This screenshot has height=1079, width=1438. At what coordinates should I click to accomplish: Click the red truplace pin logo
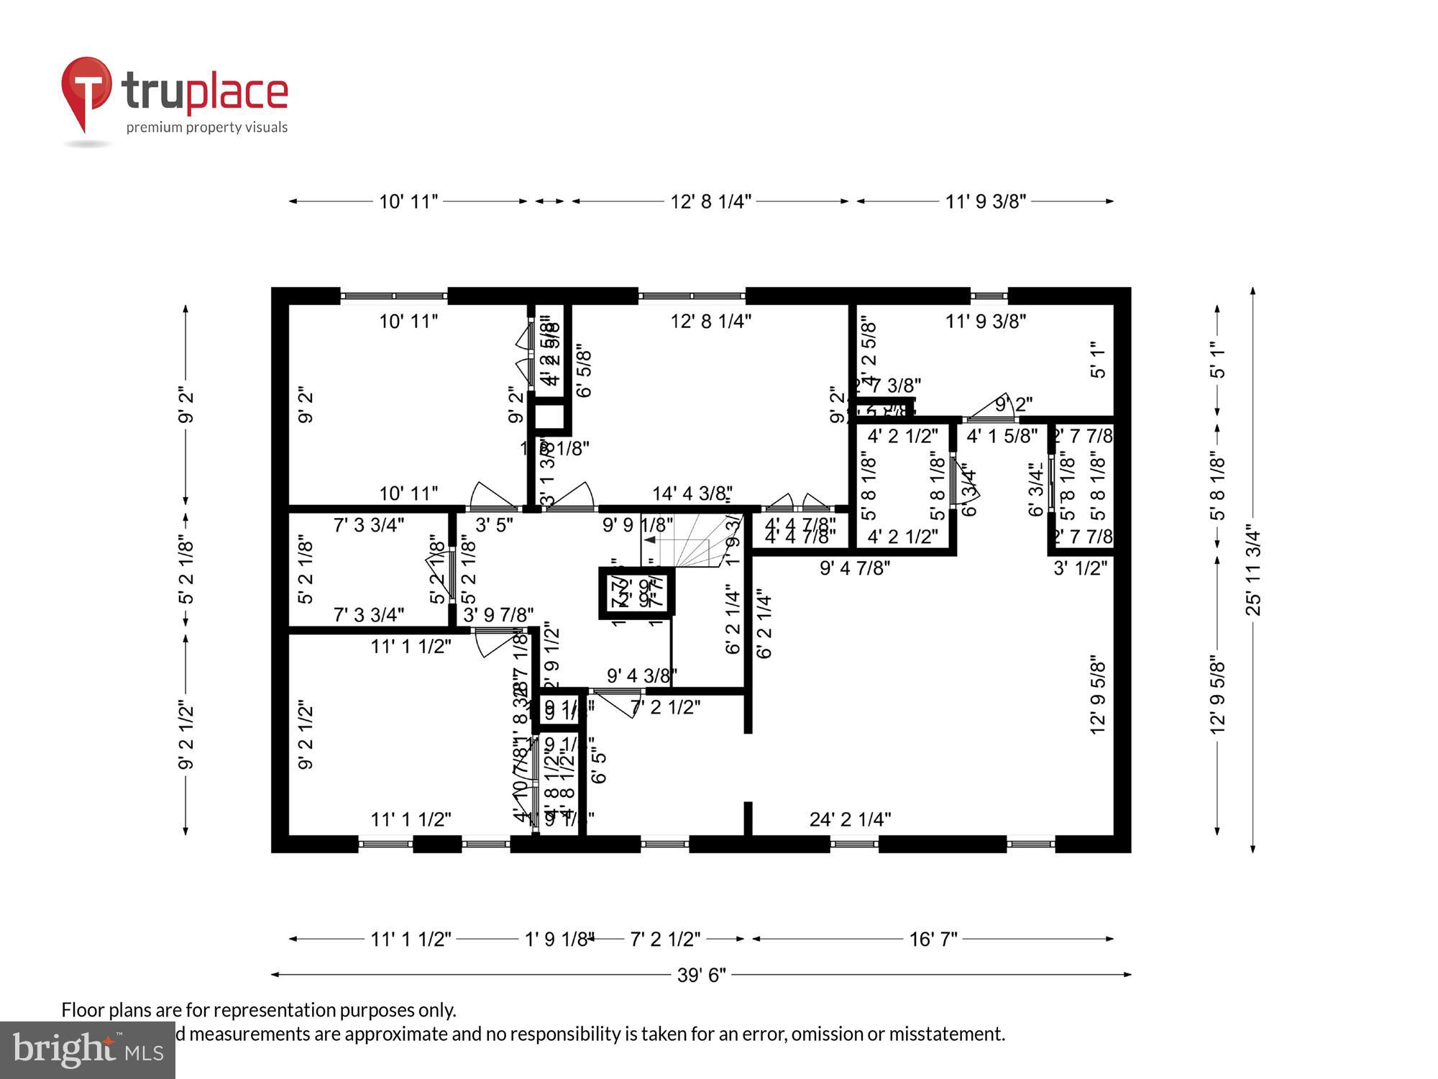(x=86, y=90)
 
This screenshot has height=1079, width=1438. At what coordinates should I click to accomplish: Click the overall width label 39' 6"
(x=701, y=975)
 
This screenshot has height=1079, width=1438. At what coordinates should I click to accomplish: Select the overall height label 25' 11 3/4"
(x=1253, y=570)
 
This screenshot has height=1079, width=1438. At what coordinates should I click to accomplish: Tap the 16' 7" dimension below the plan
(x=933, y=939)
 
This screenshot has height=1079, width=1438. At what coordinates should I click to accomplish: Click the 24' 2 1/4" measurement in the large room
(x=850, y=819)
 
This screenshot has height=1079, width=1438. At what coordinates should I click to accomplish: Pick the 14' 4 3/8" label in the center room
(x=692, y=493)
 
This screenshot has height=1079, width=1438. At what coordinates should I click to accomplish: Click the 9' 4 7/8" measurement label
(x=854, y=568)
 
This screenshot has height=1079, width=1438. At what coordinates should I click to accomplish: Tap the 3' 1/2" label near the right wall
(x=1080, y=568)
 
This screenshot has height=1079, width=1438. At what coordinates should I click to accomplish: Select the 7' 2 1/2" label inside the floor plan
(x=665, y=707)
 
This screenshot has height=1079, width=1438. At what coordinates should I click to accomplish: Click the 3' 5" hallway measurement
(x=494, y=525)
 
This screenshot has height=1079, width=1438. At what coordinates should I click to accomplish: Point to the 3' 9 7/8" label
(x=498, y=615)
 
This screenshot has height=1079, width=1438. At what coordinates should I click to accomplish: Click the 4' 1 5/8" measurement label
(x=1002, y=435)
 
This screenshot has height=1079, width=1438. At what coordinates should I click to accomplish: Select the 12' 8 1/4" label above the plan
(x=710, y=201)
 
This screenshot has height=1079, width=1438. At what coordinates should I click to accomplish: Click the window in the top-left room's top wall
(x=393, y=296)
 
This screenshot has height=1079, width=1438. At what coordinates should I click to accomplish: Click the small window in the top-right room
(x=989, y=296)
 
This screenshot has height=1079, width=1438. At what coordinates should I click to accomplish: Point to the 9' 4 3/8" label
(x=641, y=675)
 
